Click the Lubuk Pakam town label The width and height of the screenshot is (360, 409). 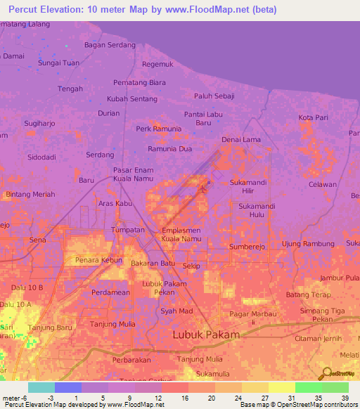pos(206,335)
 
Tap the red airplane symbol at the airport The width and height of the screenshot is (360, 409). pos(203,187)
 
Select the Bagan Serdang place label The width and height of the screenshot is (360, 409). pos(110,44)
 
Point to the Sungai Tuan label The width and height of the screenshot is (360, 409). pos(58,63)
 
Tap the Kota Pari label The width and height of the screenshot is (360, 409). pos(313,117)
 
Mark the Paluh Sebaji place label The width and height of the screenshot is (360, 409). pos(214,96)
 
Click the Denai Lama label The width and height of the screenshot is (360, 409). pos(241,140)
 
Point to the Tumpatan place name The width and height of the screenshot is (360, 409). pos(128,230)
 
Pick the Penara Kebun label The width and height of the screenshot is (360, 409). pos(94,260)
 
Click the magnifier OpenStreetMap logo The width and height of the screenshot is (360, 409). pos(326,374)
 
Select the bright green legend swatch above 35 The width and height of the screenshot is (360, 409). pos(308,387)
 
